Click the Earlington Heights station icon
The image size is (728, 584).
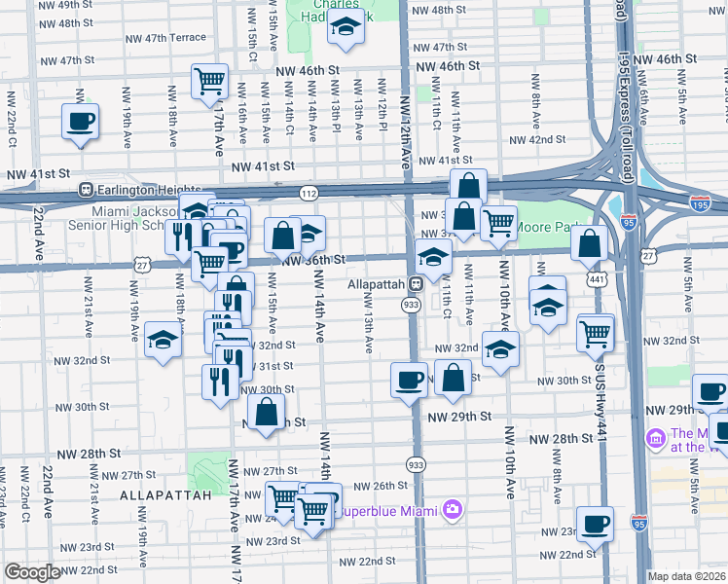coord(86,190)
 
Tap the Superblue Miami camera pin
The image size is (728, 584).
coord(451,509)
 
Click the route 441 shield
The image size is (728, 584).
coord(593,278)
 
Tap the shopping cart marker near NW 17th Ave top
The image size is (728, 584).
coord(209,83)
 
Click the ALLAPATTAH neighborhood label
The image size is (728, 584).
coord(165,495)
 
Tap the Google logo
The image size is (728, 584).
coord(32,572)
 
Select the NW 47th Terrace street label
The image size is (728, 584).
coord(166,37)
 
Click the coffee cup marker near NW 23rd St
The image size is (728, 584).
coord(595,523)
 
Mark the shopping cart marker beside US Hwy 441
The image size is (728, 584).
coord(595,333)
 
